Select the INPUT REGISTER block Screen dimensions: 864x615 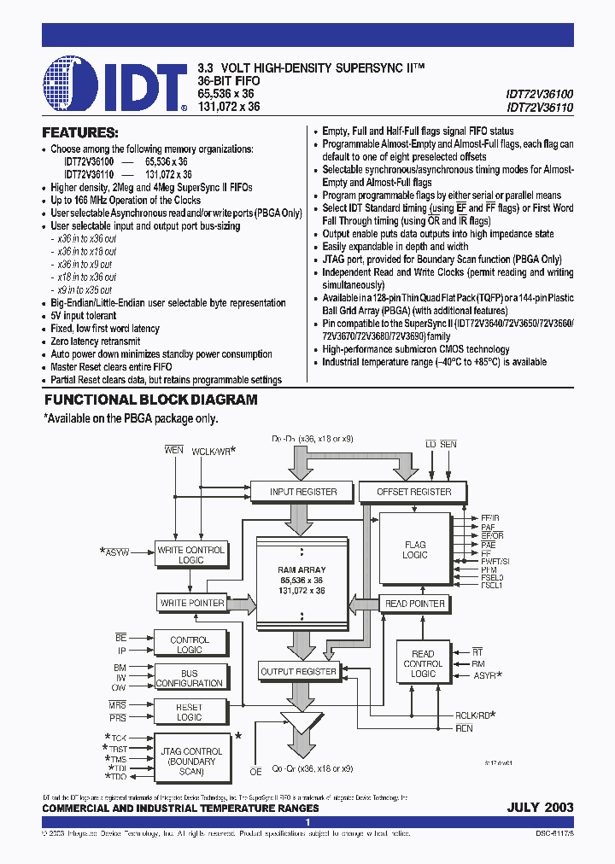point(303,492)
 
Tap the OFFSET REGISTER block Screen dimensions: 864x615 point(413,492)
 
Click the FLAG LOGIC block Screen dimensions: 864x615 point(415,550)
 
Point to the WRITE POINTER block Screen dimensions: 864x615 point(192,604)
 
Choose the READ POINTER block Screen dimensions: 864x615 point(415,604)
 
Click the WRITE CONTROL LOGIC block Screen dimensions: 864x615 point(190,555)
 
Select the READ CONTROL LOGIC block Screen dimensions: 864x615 point(423,663)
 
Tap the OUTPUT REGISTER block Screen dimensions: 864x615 point(298,672)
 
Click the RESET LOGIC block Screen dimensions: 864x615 point(190,712)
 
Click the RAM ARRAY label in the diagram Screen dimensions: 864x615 point(302,569)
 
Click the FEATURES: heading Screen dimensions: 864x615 point(80,132)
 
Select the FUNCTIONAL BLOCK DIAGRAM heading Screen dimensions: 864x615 point(150,400)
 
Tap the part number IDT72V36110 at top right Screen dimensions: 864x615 point(540,108)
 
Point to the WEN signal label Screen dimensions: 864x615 point(173,449)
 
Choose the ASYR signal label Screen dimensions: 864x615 point(486,674)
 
